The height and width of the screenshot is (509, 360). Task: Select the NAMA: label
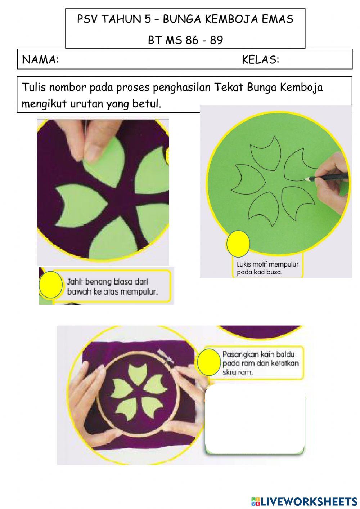(40, 60)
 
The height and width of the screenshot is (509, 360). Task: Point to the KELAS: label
(261, 60)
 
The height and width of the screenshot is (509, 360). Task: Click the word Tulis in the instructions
(34, 87)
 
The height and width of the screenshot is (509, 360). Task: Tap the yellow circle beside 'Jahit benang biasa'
(51, 285)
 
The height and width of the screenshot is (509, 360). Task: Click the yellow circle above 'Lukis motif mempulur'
(238, 244)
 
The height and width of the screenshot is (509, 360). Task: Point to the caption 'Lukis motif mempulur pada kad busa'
(267, 268)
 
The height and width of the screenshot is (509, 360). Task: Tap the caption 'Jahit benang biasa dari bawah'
(112, 287)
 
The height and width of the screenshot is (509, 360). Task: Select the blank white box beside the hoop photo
(255, 419)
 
